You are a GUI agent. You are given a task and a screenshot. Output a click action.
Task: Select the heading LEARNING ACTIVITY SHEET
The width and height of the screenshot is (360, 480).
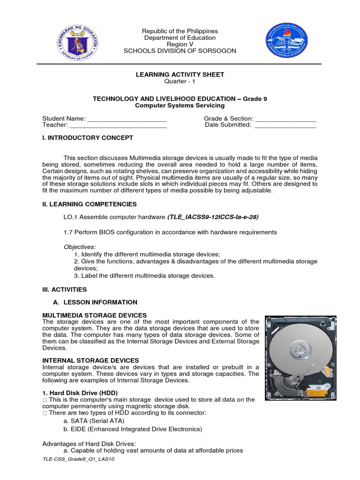pyautogui.click(x=180, y=75)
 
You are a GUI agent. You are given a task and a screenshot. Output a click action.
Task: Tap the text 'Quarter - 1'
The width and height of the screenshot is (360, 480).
pyautogui.click(x=180, y=81)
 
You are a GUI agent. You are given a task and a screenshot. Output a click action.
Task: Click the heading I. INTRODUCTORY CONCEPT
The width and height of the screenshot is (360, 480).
pyautogui.click(x=88, y=138)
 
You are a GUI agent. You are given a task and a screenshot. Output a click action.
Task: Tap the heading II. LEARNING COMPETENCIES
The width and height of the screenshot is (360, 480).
pyautogui.click(x=90, y=204)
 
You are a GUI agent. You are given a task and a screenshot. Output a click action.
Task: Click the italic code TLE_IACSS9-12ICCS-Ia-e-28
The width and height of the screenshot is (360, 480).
pyautogui.click(x=213, y=217)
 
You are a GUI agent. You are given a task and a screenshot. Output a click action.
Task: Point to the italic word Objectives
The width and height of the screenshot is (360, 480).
pyautogui.click(x=80, y=247)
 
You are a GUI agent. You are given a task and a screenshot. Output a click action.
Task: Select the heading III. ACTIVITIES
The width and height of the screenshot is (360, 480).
pyautogui.click(x=65, y=290)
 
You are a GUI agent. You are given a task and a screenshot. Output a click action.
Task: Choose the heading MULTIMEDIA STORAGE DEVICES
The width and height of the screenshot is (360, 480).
pyautogui.click(x=95, y=315)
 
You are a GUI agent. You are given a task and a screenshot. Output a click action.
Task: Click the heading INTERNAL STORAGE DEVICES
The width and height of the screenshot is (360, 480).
pyautogui.click(x=90, y=360)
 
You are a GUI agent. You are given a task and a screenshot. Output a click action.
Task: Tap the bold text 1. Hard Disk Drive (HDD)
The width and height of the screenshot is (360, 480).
pyautogui.click(x=80, y=392)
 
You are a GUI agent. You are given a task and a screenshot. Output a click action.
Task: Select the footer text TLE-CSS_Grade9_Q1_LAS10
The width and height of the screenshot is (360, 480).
pyautogui.click(x=78, y=459)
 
